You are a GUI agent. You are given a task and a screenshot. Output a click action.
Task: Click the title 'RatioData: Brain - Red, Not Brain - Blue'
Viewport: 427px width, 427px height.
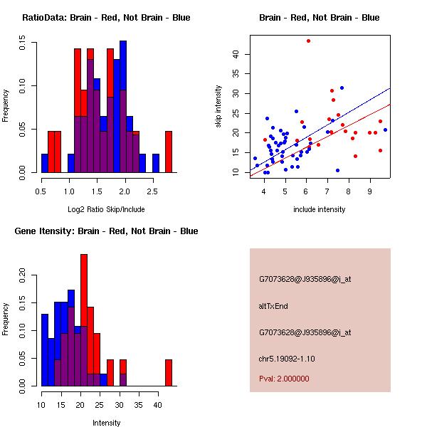106,18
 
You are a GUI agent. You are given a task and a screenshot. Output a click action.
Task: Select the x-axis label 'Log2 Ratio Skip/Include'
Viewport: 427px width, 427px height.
106,209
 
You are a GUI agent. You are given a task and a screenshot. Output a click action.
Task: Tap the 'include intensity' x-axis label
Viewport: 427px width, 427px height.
320,209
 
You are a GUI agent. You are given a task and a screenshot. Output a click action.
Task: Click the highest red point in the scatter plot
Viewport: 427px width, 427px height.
308,41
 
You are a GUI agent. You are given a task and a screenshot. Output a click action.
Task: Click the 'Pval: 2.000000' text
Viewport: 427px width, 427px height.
284,379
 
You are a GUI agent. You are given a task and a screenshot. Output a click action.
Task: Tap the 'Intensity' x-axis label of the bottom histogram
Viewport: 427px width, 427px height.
106,423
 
